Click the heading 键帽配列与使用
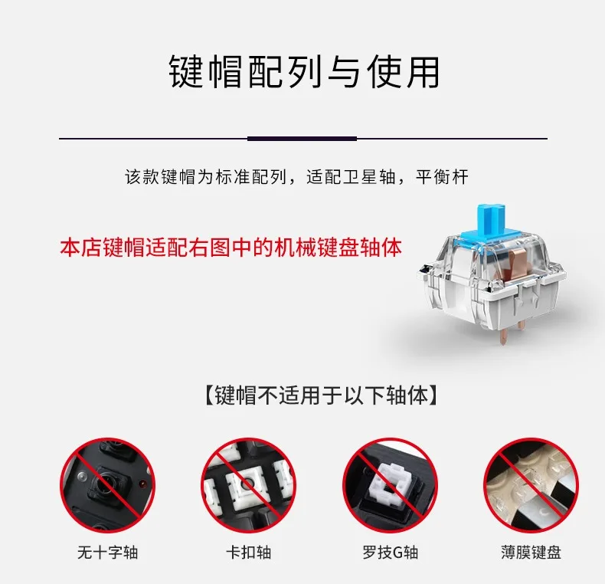[304, 72]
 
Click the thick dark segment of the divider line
[302, 138]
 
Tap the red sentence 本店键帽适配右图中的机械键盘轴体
[231, 248]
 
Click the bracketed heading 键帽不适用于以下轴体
[321, 395]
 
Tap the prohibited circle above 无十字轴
[107, 485]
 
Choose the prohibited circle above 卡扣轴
[248, 485]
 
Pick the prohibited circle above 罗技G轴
[390, 485]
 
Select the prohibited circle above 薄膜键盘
[531, 485]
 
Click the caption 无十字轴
[108, 553]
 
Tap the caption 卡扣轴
[248, 553]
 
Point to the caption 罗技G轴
[390, 553]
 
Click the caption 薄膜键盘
[531, 553]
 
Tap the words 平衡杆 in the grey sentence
[442, 177]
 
